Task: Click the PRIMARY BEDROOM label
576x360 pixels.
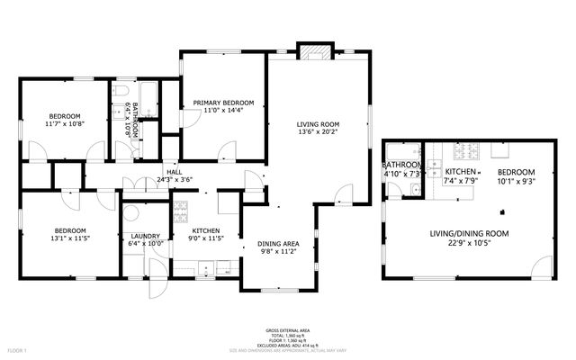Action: point(222,103)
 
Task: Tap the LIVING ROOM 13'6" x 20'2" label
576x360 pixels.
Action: point(318,125)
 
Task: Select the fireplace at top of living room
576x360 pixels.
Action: point(314,52)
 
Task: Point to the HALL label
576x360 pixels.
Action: point(174,172)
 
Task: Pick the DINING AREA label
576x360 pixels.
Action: point(278,244)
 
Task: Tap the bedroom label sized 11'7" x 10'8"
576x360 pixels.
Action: point(65,116)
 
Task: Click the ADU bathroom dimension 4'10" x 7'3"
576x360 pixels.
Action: point(401,173)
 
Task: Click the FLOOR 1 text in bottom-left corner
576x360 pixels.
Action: point(16,348)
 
